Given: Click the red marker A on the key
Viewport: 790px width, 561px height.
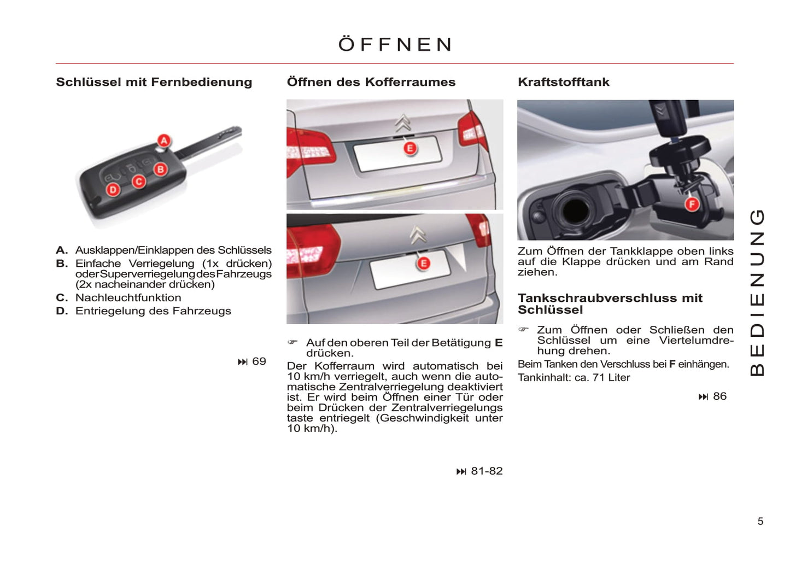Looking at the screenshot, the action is pos(164,141).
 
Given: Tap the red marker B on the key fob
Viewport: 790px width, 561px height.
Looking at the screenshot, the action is pos(161,170).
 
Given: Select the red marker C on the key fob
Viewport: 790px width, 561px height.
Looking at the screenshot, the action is pos(139,182).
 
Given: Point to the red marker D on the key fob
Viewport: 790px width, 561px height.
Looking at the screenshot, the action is pos(113,190).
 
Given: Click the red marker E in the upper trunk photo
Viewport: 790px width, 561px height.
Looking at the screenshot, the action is pos(410,148).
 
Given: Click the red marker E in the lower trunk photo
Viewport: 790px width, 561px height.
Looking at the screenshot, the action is pos(424,263).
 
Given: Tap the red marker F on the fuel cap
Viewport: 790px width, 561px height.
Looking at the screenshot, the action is pos(692,204).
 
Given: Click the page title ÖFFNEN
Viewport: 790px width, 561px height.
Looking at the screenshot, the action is pos(395,44).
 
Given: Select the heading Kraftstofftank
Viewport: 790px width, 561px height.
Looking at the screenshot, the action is pos(563,82).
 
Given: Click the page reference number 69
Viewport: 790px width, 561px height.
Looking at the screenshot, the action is pos(259,361).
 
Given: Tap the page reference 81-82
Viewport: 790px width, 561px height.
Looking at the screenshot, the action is pos(487,471).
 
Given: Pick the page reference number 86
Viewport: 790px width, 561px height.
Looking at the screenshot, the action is pos(720,396).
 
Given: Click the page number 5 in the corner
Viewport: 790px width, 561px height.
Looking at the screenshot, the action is pos(760,521).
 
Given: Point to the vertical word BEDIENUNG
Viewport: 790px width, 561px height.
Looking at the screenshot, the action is pos(757,293).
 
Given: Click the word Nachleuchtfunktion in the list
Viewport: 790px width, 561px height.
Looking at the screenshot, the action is pos(128,297).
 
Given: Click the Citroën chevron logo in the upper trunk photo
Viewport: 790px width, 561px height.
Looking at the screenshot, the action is pos(403,123).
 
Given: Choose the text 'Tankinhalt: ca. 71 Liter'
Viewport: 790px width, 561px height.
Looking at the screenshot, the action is pos(574,377).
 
